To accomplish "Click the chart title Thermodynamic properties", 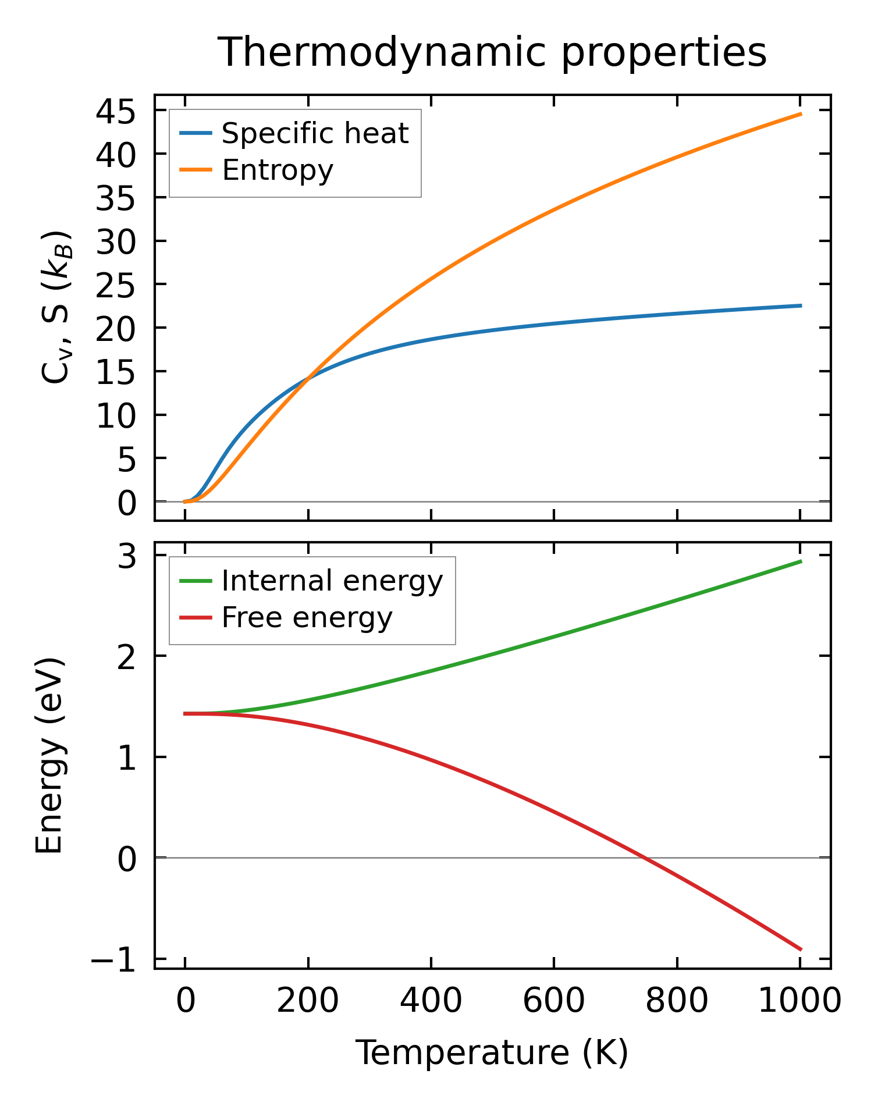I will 492,52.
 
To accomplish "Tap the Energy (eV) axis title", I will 49,756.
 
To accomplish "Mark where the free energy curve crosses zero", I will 645,858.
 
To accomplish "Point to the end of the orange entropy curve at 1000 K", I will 801,114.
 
